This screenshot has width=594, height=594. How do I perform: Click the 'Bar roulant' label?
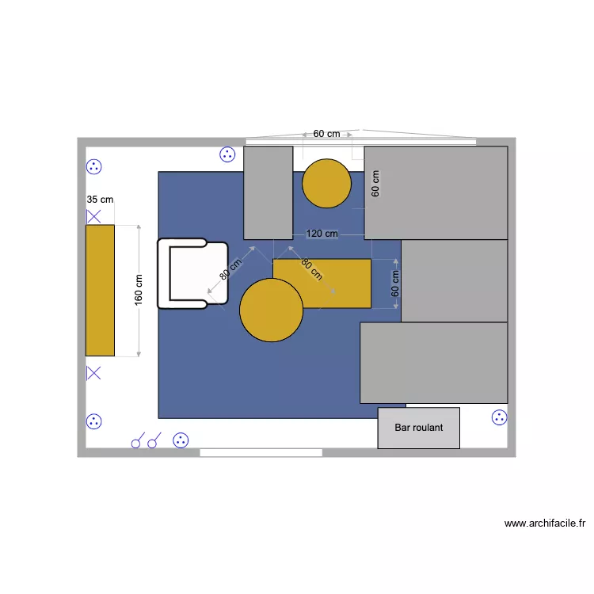click(x=418, y=428)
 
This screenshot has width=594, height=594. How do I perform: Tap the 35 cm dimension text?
click(x=100, y=200)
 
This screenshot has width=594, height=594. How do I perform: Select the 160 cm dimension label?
click(x=139, y=289)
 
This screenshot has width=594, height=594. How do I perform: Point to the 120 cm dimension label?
click(x=322, y=234)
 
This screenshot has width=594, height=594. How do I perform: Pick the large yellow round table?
click(x=271, y=310)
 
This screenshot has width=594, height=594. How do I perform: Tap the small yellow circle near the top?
click(x=326, y=184)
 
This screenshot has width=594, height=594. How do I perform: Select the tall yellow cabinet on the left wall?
click(x=100, y=290)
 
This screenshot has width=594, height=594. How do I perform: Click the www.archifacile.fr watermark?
click(x=544, y=523)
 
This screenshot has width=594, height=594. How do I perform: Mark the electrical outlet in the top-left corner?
click(x=94, y=167)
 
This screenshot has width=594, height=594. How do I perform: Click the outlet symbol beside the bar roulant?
click(x=499, y=417)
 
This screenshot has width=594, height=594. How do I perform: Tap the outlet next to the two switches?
click(x=181, y=440)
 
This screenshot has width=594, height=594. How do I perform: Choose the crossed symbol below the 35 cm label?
click(x=93, y=215)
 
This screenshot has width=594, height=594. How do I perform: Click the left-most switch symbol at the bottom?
click(x=136, y=441)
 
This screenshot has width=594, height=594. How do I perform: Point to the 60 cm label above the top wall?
click(x=326, y=134)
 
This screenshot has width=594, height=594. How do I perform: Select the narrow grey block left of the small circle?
click(x=268, y=192)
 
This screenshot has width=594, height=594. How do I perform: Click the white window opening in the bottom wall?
click(x=261, y=452)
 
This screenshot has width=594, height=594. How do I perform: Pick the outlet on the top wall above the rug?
click(x=227, y=155)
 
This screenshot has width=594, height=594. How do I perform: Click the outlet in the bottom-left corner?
click(x=94, y=421)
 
